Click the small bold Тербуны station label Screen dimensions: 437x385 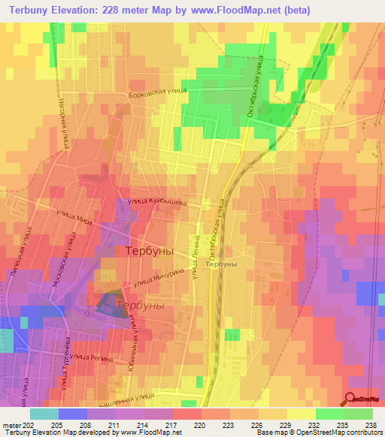click(221, 264)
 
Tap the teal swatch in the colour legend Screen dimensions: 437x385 click(44, 414)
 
